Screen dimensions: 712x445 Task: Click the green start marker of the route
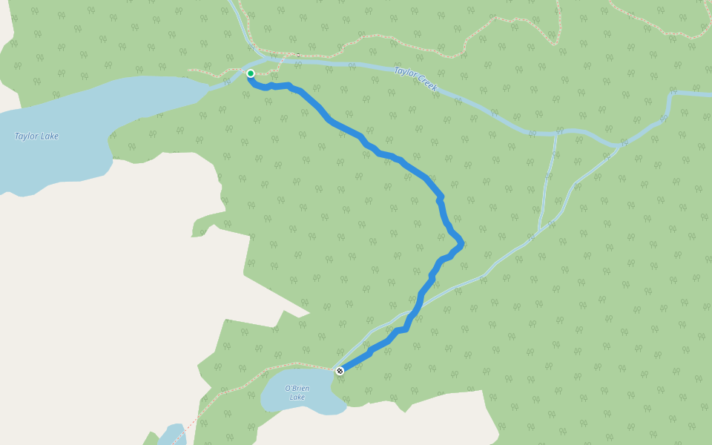(251, 73)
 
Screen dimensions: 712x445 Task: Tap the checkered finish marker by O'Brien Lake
(340, 370)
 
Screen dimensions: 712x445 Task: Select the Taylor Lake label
(36, 136)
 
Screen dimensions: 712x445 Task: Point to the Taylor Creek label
(416, 79)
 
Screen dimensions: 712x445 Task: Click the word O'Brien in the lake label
(297, 389)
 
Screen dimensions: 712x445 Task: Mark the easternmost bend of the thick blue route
(461, 243)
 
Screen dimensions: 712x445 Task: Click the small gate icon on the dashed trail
(297, 55)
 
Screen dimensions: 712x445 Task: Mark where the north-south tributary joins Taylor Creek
(555, 134)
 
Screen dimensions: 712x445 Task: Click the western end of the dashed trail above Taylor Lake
(188, 70)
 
